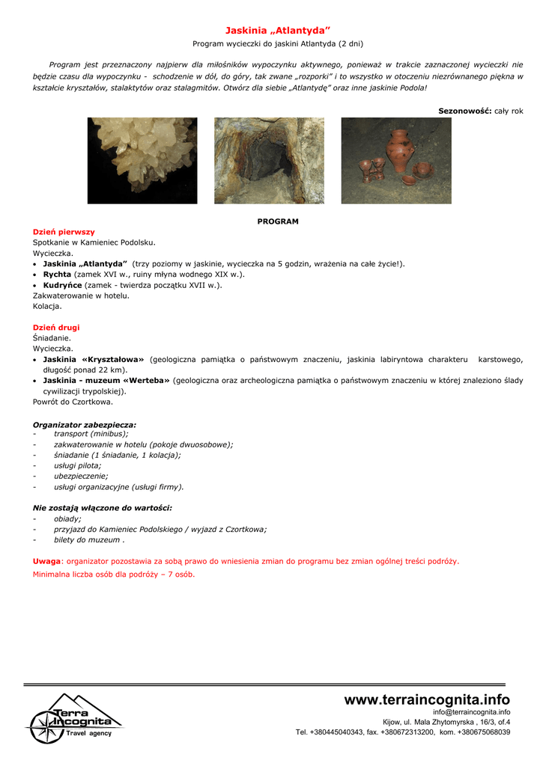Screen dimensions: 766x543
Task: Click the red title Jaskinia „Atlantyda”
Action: pos(278,31)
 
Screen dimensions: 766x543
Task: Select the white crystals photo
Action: pos(142,160)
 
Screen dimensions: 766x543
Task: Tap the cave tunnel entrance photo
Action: pos(270,160)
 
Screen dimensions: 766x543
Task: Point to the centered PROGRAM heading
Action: pos(278,221)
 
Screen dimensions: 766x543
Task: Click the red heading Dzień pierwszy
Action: pos(64,232)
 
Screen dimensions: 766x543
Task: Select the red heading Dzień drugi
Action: pos(56,328)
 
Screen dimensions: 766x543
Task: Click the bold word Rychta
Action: pos(57,275)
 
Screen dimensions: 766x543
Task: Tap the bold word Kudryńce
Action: pos(62,285)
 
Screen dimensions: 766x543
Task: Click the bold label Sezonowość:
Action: pos(464,111)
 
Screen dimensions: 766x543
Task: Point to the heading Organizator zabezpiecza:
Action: pos(85,425)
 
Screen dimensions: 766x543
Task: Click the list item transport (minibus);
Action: pos(91,433)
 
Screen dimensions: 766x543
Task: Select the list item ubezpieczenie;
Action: pos(81,476)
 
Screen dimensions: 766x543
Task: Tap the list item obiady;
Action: pos(67,518)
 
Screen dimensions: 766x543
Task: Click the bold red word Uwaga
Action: pos(46,561)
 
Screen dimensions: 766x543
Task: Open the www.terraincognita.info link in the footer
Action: pos(427,699)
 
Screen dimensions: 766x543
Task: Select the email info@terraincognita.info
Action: pos(471,712)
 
